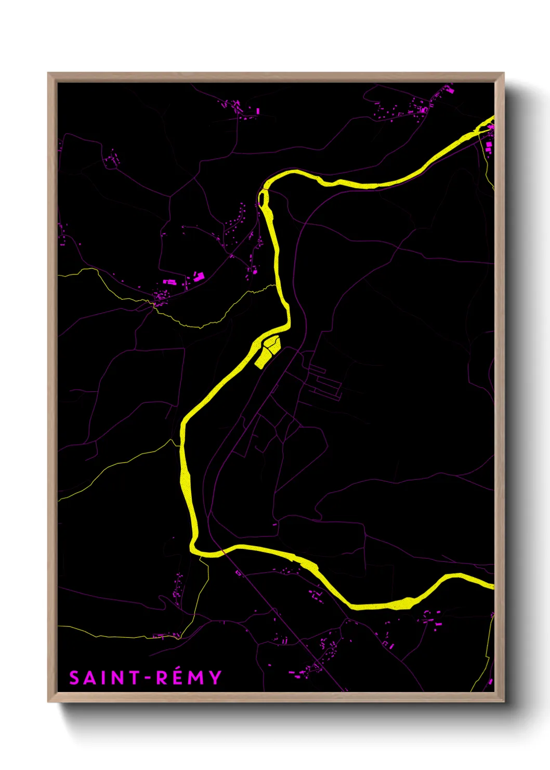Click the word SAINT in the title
click(104, 677)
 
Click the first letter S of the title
click(74, 678)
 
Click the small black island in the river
click(263, 199)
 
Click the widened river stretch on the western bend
click(185, 481)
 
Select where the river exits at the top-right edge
click(491, 121)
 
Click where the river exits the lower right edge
click(491, 585)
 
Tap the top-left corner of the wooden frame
click(49, 74)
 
